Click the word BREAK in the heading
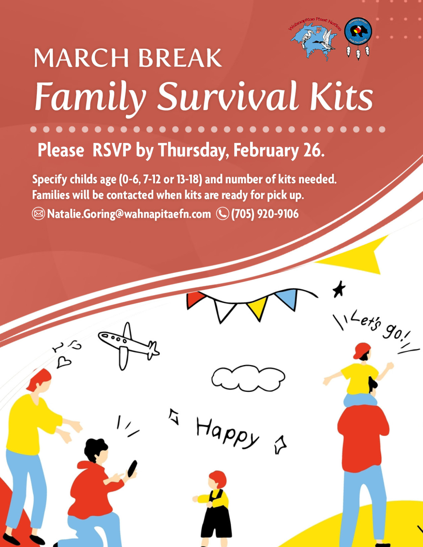180,58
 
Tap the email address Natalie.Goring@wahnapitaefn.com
129,214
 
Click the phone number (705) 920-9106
265,214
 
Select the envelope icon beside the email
38,214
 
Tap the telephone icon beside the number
222,214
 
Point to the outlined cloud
248,378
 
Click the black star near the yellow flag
339,289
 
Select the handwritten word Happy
227,433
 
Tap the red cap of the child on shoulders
362,350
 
